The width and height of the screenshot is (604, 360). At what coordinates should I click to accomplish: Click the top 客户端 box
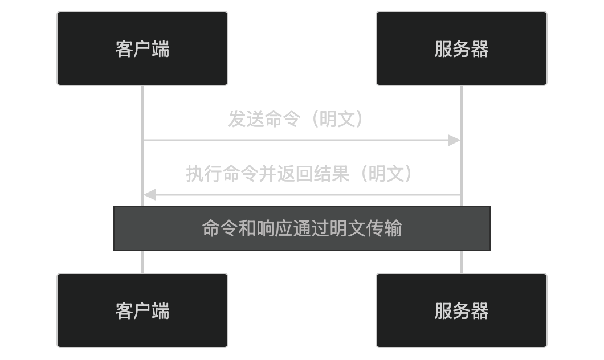142,48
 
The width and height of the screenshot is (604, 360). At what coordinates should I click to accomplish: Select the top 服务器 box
462,48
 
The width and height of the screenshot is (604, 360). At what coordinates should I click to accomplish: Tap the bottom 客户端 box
142,310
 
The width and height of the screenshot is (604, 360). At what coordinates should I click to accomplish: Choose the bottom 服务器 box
462,310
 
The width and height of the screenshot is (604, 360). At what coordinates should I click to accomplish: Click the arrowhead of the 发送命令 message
454,140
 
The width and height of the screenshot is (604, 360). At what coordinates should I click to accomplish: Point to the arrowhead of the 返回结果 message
149,195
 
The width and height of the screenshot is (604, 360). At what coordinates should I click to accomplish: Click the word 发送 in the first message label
246,119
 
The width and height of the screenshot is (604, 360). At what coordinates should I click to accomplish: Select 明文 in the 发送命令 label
337,119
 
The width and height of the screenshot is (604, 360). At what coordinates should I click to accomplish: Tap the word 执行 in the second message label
204,174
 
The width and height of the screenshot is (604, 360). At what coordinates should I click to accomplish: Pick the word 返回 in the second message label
295,174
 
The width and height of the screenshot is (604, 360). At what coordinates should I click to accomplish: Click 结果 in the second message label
332,174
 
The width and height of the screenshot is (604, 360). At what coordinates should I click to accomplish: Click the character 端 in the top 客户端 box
161,48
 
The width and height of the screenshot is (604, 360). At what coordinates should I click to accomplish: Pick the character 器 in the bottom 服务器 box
480,310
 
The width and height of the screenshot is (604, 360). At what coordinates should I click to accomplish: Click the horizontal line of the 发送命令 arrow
296,140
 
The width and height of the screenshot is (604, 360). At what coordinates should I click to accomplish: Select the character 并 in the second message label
268,174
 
